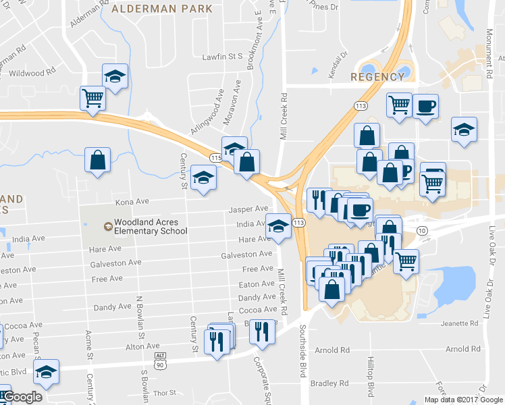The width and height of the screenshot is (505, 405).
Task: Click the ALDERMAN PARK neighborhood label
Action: point(161,9)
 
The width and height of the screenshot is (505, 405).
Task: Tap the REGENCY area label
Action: point(378,77)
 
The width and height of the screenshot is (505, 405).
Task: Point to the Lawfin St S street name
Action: point(222,57)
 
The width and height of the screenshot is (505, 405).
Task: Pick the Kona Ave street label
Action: point(132,201)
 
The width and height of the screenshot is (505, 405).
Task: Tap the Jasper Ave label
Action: point(248,209)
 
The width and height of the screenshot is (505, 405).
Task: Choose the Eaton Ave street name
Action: point(257,284)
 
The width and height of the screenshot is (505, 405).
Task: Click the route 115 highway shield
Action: point(215,157)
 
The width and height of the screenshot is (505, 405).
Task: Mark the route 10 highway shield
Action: point(423,232)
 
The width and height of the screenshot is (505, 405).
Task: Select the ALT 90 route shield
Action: point(160,360)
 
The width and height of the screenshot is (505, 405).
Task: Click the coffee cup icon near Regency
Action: point(425,107)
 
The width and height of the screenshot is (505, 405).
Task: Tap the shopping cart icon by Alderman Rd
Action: point(92,97)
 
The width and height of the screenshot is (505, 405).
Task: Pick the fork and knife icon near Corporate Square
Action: point(263,331)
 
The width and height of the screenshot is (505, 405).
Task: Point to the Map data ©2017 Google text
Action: point(463,400)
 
